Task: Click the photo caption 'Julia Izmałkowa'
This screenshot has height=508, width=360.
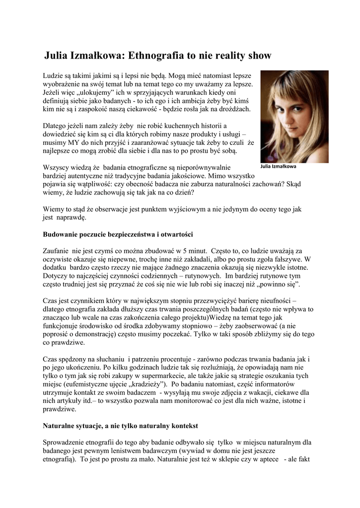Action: [279, 166]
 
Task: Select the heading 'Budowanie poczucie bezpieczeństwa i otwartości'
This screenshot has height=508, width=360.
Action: [118, 234]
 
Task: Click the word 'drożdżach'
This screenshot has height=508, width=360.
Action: [233, 109]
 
